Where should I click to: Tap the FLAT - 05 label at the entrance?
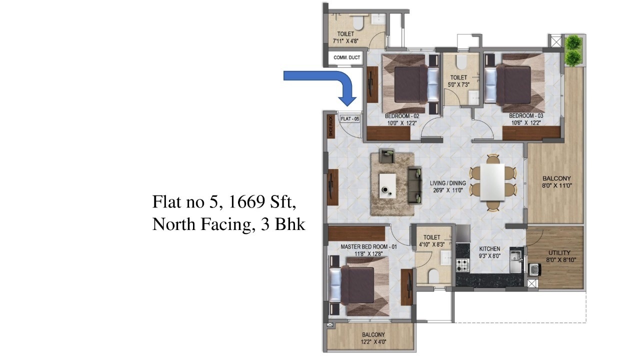[349, 119]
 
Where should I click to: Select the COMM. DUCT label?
[347, 58]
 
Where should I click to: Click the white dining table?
[492, 182]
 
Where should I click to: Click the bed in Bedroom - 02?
[410, 84]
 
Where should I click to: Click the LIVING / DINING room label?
[447, 183]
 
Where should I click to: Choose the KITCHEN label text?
[489, 248]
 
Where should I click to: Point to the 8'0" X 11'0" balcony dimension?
[556, 185]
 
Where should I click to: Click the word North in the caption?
[174, 224]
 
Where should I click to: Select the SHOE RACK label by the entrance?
[330, 126]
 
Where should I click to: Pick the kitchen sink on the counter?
[515, 256]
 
